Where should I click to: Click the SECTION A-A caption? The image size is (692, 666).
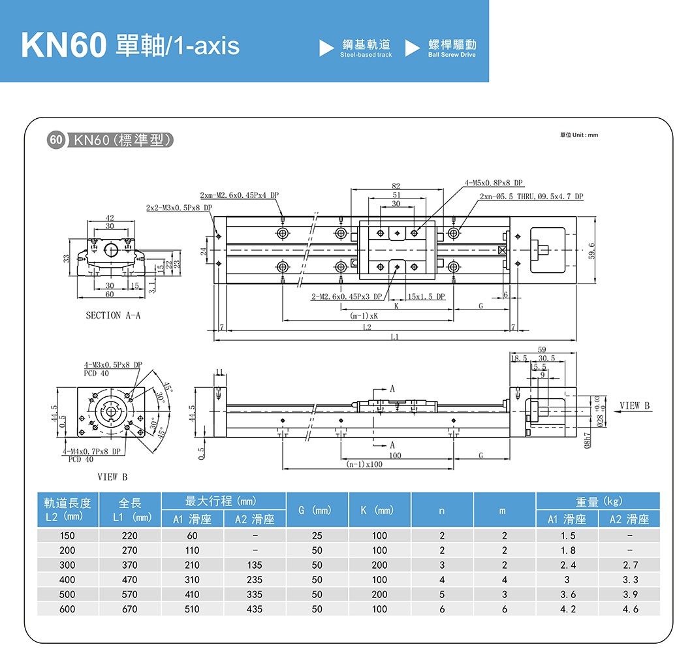113,315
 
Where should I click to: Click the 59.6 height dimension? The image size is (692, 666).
591,250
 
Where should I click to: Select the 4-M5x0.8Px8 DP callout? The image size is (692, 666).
494,183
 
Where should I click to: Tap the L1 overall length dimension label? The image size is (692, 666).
394,337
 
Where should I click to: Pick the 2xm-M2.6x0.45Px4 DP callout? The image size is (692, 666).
239,195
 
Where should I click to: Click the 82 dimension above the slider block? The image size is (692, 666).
396,187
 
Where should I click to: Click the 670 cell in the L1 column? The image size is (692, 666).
130,609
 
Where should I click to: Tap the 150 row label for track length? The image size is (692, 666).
67,535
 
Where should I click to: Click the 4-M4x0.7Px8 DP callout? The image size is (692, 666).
91,451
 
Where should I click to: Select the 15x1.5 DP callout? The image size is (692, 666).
426,296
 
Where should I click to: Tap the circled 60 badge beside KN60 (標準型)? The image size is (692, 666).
56,140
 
